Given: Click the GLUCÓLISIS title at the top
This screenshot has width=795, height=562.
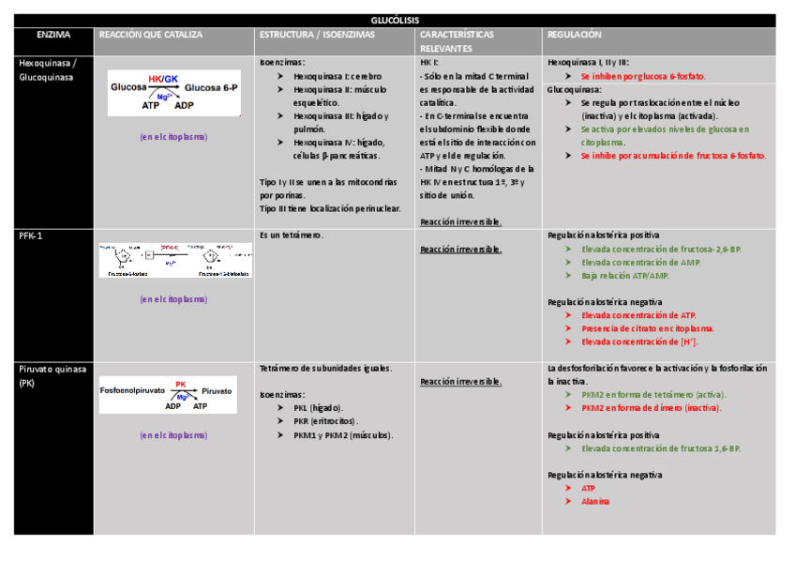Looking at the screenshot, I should pos(395,20).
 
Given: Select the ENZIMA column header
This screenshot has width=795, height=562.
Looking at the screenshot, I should pos(52,35).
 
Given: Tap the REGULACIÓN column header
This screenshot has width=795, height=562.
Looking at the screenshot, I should pos(574,35).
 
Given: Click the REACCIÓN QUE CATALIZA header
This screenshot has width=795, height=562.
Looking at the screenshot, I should pos(150,35).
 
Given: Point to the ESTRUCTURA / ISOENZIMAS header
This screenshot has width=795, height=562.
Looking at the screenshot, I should pos(317,35).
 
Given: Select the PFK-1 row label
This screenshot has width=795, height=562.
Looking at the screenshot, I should pos(31,235).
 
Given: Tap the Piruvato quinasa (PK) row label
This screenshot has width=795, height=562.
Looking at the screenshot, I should pos(52,375).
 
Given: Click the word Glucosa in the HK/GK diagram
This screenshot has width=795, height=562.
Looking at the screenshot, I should pos(128,86).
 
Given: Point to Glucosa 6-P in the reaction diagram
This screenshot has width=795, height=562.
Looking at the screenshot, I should pos(211,86).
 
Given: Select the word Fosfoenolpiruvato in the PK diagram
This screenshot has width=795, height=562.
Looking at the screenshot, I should pos(132,390).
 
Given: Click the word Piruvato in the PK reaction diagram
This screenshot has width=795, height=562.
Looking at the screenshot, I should pos(217,390).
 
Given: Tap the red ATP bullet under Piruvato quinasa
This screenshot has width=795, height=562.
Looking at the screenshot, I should pos(588,488).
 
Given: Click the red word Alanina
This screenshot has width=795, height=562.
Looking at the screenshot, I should pos(595,501).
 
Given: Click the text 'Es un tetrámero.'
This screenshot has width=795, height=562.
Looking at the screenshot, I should pos(291,235).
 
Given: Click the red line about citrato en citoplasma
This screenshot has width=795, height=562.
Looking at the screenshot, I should pos(647,328).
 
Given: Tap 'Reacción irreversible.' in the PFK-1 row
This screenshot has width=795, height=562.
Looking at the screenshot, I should pos(460,250).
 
